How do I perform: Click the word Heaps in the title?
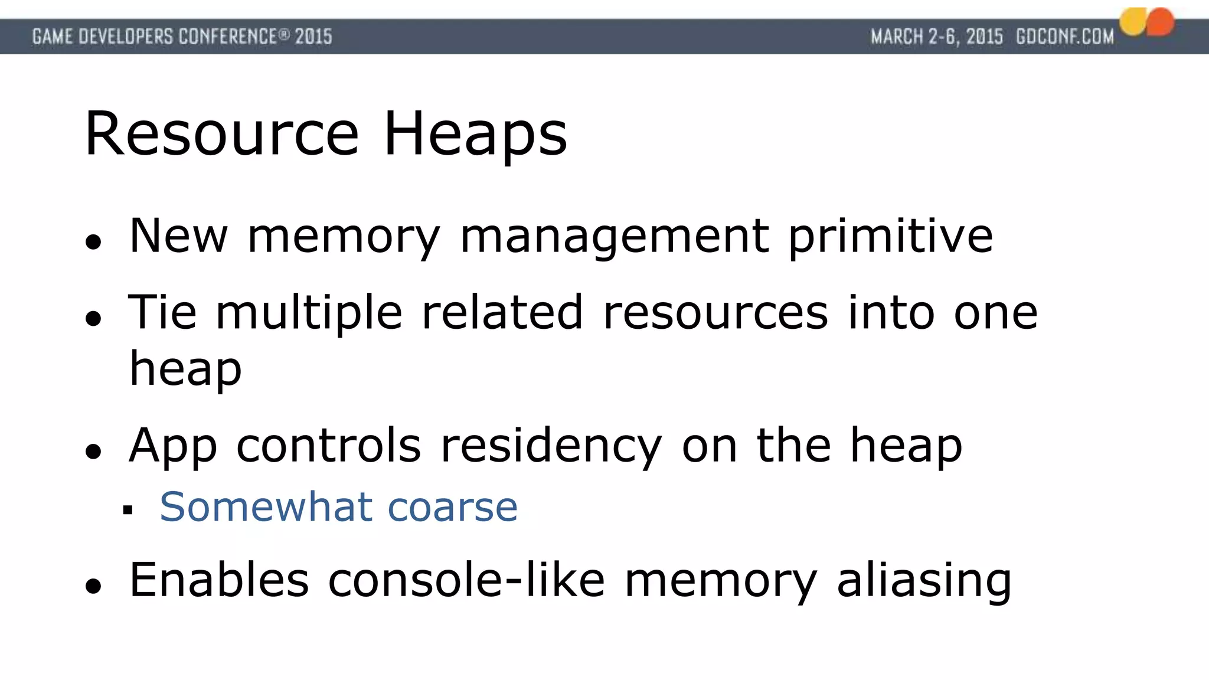click(x=475, y=135)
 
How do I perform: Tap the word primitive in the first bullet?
click(x=891, y=236)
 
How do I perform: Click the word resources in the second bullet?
click(x=715, y=313)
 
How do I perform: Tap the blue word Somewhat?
click(x=266, y=506)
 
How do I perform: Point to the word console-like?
click(x=466, y=580)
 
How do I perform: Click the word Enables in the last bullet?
click(x=219, y=580)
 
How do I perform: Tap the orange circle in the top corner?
click(x=1161, y=22)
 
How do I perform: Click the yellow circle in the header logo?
click(x=1133, y=22)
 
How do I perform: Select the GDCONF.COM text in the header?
click(x=1064, y=37)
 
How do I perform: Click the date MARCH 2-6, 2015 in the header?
click(x=937, y=37)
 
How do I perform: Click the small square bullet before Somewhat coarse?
click(x=128, y=509)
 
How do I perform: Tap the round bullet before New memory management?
click(x=93, y=241)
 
